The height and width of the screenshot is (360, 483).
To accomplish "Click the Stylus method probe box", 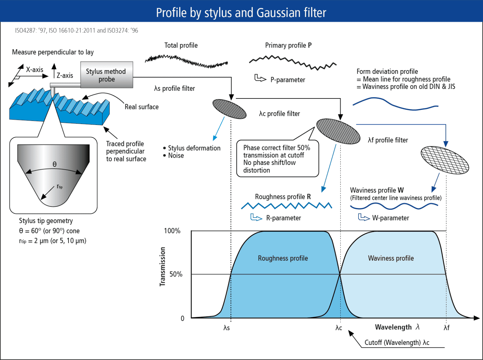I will click(x=107, y=75).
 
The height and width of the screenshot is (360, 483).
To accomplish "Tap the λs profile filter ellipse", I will click(x=230, y=109).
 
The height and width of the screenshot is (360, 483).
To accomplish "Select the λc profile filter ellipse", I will click(x=338, y=132).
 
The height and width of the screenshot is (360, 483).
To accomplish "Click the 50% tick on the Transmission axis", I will click(x=176, y=274).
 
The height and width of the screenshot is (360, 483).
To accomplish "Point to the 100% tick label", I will click(x=172, y=231).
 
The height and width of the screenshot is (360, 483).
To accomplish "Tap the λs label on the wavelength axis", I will click(x=227, y=328).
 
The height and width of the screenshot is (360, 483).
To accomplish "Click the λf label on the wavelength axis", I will click(x=447, y=328).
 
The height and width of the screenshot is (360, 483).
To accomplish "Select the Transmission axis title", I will click(x=163, y=267).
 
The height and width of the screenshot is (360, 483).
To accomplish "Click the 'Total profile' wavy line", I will click(x=186, y=60).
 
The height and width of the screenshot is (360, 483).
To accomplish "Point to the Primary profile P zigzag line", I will click(x=292, y=62).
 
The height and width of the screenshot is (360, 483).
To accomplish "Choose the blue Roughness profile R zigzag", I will click(x=286, y=206).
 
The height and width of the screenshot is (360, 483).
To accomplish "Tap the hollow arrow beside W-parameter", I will click(x=364, y=217).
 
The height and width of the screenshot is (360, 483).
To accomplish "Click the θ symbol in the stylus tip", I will click(x=55, y=164).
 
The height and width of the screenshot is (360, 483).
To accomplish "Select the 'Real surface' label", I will click(x=142, y=107).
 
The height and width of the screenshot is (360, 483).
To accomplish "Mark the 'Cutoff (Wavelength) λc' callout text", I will click(x=397, y=343).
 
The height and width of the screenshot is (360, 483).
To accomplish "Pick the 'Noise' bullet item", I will click(x=176, y=156).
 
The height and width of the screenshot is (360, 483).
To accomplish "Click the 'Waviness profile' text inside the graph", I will click(x=391, y=258).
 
